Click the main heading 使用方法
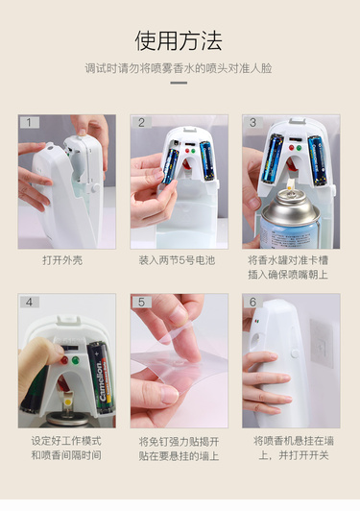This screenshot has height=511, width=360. (x=179, y=40)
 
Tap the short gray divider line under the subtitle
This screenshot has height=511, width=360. (x=179, y=83)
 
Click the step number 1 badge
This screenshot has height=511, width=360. (x=30, y=123)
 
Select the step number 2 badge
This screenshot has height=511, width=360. (x=142, y=123)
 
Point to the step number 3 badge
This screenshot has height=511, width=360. (x=253, y=123)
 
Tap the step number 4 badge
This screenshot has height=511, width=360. (x=30, y=303)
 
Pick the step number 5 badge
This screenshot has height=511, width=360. (x=142, y=303)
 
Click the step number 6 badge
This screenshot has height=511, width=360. (x=253, y=303)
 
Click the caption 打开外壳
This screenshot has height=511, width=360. (x=62, y=260)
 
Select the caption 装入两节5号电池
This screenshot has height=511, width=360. (x=177, y=260)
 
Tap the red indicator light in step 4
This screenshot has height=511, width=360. (x=64, y=360)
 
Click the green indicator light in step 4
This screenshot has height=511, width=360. (x=76, y=360)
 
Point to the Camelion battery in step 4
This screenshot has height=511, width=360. (x=101, y=377)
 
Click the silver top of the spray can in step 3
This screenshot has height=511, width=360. (x=290, y=206)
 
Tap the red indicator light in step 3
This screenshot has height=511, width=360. (x=292, y=148)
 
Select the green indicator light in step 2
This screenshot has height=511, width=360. (x=193, y=151)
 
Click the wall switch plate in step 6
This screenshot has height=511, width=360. (x=322, y=343)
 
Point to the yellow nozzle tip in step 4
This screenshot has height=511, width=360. (x=68, y=402)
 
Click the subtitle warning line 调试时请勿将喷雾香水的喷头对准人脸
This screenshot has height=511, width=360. (x=179, y=68)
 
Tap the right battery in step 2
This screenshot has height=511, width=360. (x=206, y=161)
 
